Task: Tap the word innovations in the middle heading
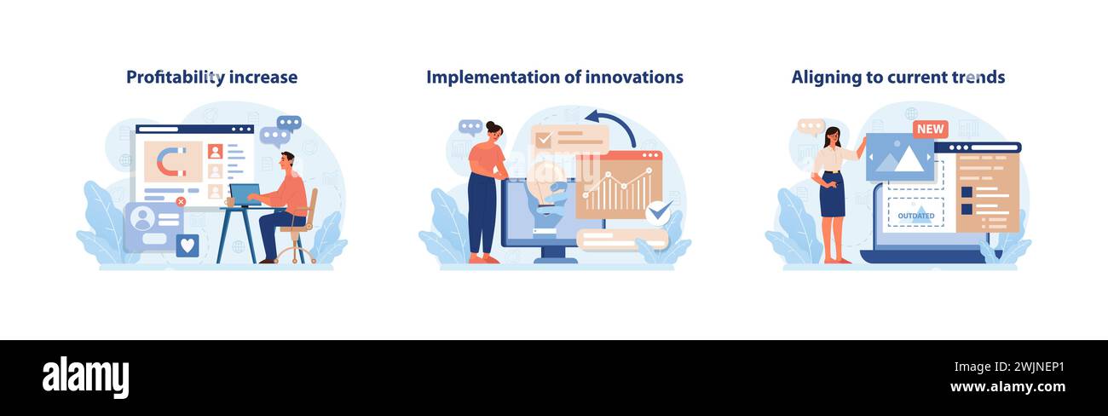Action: (x=634, y=78)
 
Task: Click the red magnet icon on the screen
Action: (x=171, y=161)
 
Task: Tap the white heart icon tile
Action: (x=188, y=246)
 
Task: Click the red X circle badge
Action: (x=181, y=201)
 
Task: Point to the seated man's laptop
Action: (x=245, y=195)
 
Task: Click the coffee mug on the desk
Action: (x=229, y=202)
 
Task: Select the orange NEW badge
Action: (x=931, y=129)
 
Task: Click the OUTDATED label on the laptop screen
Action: (x=916, y=216)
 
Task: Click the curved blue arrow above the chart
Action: (x=612, y=126)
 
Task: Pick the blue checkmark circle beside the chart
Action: (x=658, y=213)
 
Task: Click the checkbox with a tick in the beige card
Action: (x=543, y=140)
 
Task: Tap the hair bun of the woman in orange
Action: (x=491, y=124)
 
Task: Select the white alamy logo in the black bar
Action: (x=85, y=378)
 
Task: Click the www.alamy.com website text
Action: (x=1007, y=386)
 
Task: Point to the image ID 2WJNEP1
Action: (x=1039, y=367)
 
